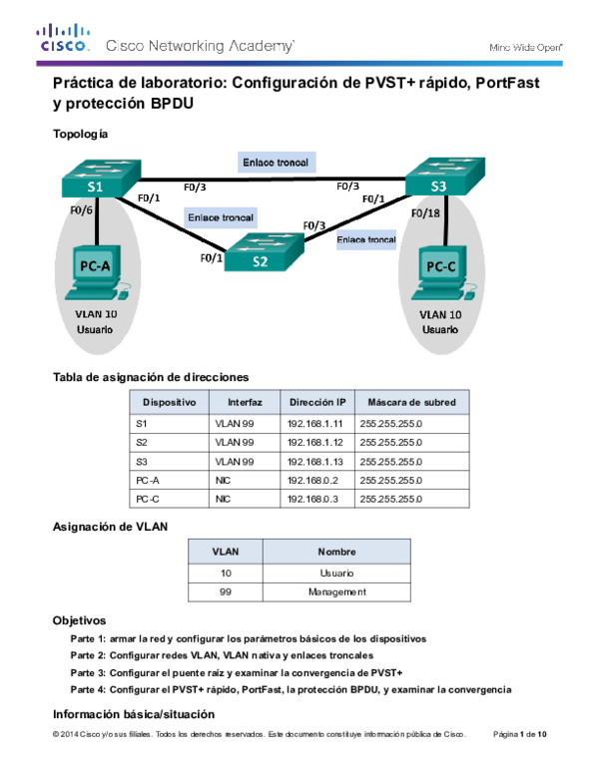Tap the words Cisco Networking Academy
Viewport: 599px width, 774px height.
click(200, 46)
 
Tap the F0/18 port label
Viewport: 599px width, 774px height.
click(426, 212)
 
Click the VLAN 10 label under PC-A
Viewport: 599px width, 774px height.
click(95, 313)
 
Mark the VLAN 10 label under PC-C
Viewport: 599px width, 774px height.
click(440, 314)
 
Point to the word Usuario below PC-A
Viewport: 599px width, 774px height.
click(95, 328)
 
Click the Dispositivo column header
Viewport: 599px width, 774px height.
click(169, 402)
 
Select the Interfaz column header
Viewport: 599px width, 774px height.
click(245, 402)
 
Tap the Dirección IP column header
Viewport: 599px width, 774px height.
click(317, 402)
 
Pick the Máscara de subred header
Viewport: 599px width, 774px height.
click(411, 402)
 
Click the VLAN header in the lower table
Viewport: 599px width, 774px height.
click(226, 552)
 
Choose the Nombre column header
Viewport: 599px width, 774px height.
click(336, 552)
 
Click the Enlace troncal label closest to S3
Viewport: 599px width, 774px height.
click(366, 239)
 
